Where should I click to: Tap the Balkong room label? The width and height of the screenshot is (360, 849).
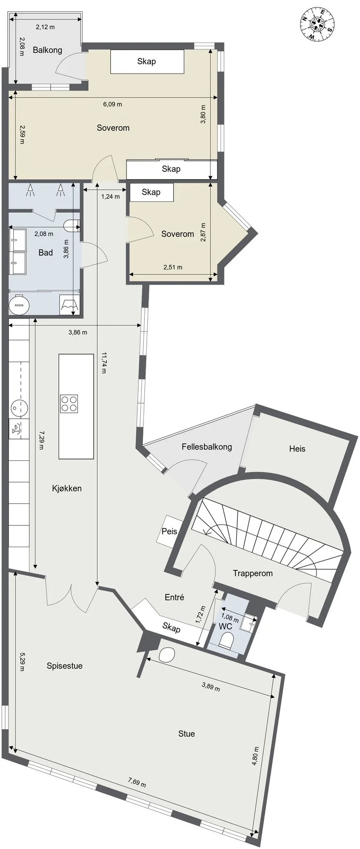click(x=47, y=50)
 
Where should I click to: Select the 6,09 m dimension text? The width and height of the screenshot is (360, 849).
click(x=113, y=104)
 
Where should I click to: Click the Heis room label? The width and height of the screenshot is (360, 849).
click(x=297, y=449)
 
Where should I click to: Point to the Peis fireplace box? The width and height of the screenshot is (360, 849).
click(x=169, y=531)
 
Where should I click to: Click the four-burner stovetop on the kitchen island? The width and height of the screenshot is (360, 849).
click(x=69, y=403)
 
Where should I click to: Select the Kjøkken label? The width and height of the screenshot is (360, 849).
click(x=67, y=489)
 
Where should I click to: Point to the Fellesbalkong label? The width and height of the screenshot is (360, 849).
click(x=207, y=447)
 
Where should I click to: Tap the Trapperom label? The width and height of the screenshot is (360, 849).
click(x=253, y=574)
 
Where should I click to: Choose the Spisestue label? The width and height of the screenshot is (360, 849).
click(x=65, y=666)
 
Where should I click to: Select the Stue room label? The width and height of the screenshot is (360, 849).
click(x=186, y=734)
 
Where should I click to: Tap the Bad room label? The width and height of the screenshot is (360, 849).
click(x=46, y=253)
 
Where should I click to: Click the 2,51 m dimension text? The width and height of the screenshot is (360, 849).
click(x=173, y=267)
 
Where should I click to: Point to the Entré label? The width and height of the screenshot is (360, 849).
click(x=175, y=597)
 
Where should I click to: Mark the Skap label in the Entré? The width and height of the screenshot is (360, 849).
click(x=171, y=628)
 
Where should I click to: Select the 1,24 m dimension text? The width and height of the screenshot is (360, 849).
click(x=110, y=197)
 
